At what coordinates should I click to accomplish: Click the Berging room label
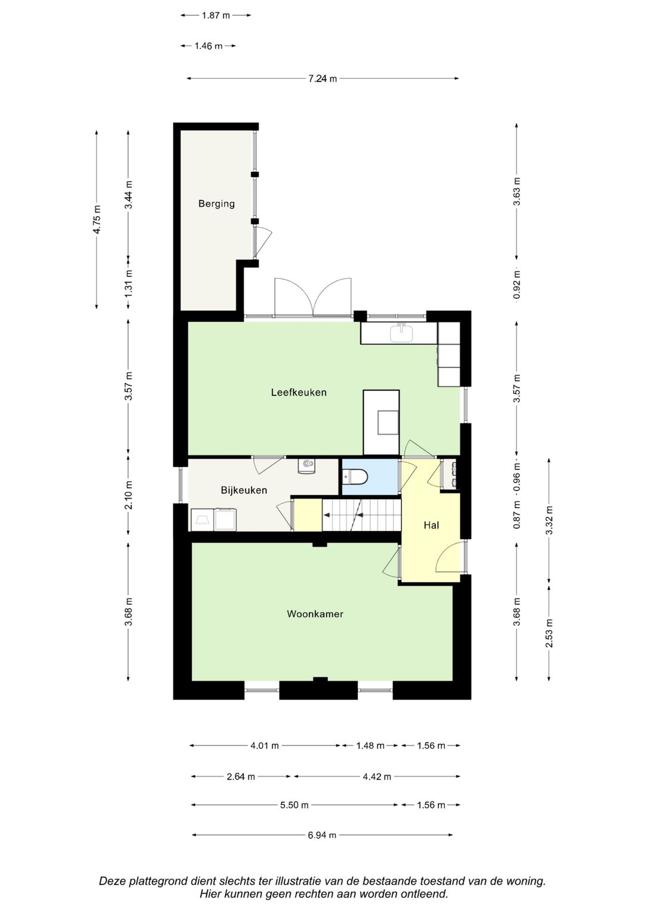(216, 204)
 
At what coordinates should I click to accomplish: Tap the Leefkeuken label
(299, 392)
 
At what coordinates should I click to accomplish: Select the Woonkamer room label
(315, 613)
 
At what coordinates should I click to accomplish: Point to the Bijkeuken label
(244, 490)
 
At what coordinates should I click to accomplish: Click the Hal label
(431, 525)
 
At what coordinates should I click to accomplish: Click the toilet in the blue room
(355, 476)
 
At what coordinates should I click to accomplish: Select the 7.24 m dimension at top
(322, 79)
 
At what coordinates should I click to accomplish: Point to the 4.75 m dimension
(97, 219)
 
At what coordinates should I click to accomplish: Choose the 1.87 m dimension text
(216, 16)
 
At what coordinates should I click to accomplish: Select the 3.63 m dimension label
(517, 192)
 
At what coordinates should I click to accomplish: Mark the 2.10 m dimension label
(128, 495)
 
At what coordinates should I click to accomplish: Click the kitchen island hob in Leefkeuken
(388, 423)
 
